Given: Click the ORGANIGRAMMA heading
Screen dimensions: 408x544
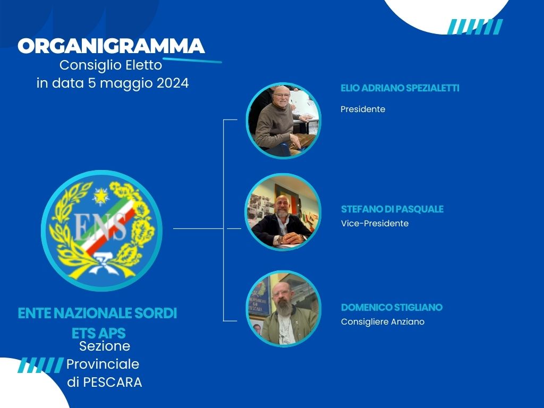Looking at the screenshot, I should [111, 46].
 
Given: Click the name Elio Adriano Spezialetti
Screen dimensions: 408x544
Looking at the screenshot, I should [399, 88].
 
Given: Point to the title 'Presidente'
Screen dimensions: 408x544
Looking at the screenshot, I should [363, 109].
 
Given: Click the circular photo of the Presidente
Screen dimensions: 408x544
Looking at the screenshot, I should [284, 121].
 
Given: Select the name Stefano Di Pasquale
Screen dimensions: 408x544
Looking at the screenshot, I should [392, 209].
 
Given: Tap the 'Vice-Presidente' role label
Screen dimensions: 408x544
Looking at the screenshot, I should [375, 224].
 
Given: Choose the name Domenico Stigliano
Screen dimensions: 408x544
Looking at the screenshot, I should [392, 308].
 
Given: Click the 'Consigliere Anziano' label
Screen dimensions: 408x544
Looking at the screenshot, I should [382, 322].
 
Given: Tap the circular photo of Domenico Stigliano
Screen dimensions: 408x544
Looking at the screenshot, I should [284, 309].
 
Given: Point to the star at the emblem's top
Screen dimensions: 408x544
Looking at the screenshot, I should [100, 197].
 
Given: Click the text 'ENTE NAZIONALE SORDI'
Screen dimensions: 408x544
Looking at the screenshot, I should [97, 313].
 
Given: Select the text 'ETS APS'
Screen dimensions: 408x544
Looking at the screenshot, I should [99, 333].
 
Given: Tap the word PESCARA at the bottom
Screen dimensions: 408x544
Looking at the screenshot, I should [113, 382].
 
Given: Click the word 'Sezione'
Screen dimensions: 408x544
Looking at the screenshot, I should [105, 346].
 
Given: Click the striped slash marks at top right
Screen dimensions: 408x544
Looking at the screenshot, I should [474, 27].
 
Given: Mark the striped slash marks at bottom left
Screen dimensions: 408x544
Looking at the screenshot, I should [40, 365].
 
